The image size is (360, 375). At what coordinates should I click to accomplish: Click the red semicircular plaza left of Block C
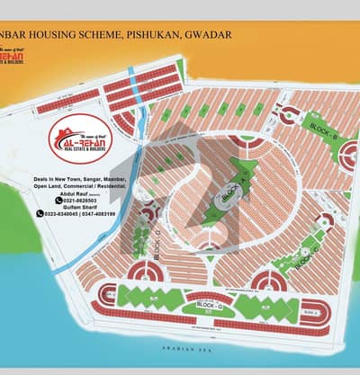coord(267,281)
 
